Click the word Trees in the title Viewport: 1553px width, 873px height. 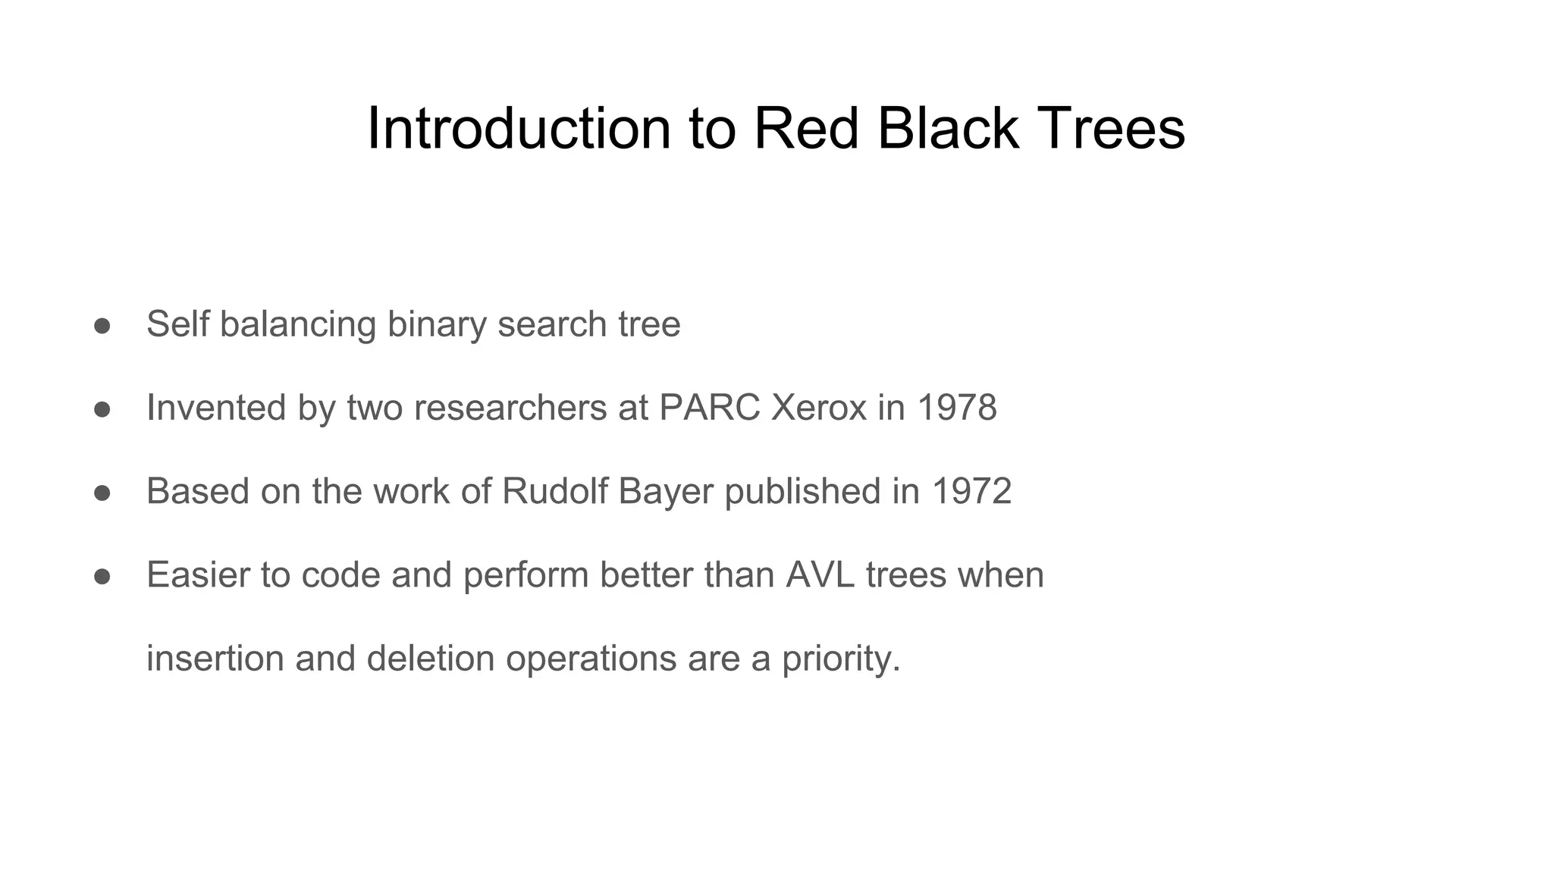(1110, 129)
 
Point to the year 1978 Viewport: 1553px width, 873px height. (956, 408)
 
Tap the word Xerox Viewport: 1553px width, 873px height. (819, 408)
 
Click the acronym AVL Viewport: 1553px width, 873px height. (820, 574)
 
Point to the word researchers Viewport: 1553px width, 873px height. (510, 408)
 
